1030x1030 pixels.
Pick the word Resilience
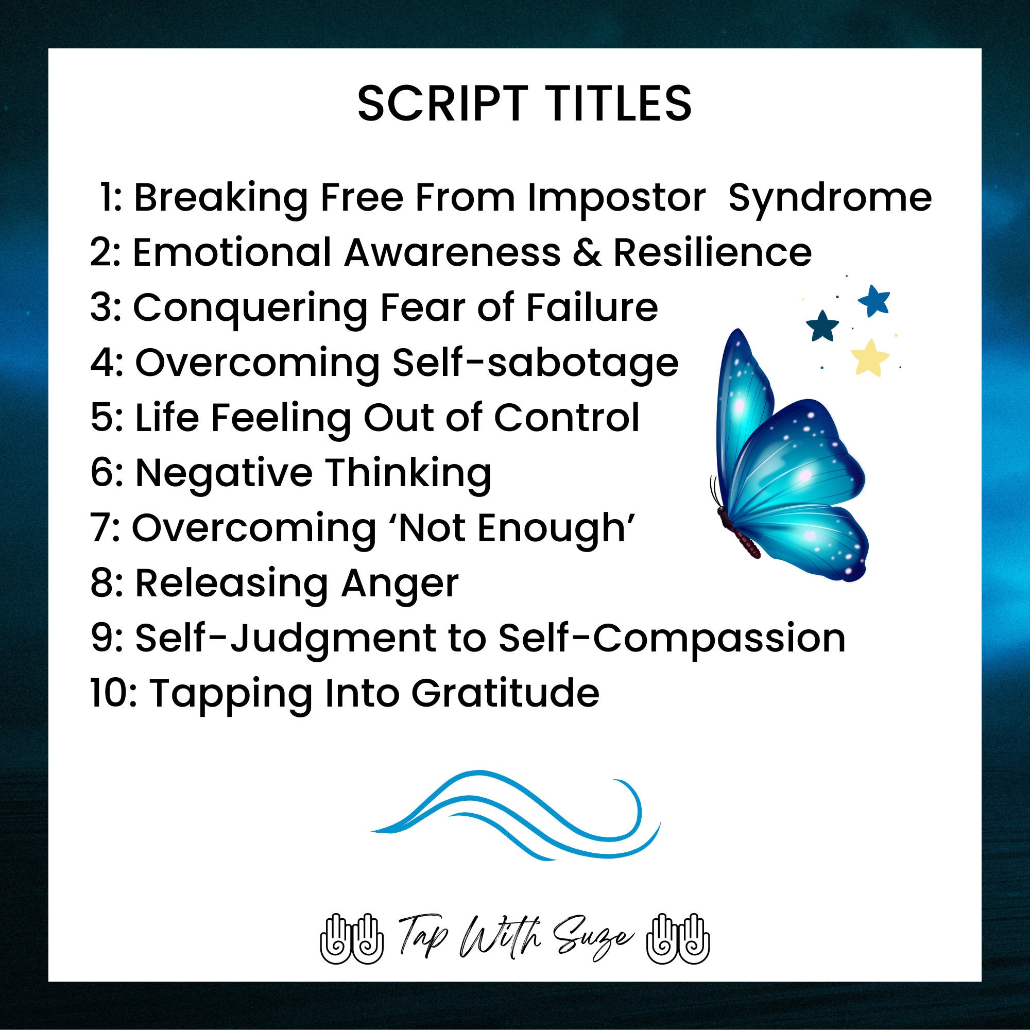tap(712, 252)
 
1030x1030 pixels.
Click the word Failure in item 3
tap(592, 307)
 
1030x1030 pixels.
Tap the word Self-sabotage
tap(535, 363)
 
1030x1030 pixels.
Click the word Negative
tap(224, 473)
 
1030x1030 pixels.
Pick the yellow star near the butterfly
tap(869, 357)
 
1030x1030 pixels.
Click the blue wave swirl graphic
tap(515, 815)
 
